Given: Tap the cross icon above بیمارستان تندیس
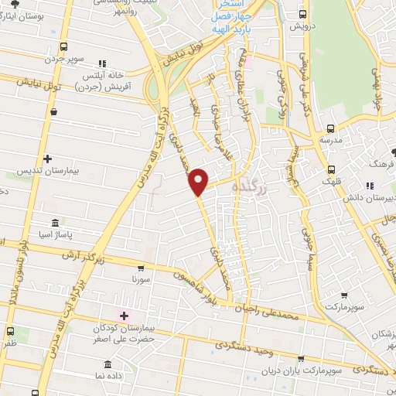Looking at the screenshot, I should click(x=48, y=158).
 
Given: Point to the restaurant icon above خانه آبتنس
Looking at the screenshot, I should click(x=101, y=63).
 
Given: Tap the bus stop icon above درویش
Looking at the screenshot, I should click(x=303, y=14).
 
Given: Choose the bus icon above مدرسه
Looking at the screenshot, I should click(x=331, y=128).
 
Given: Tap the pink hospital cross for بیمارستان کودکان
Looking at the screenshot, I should click(x=124, y=316).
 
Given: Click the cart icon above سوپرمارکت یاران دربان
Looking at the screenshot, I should click(x=302, y=359).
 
